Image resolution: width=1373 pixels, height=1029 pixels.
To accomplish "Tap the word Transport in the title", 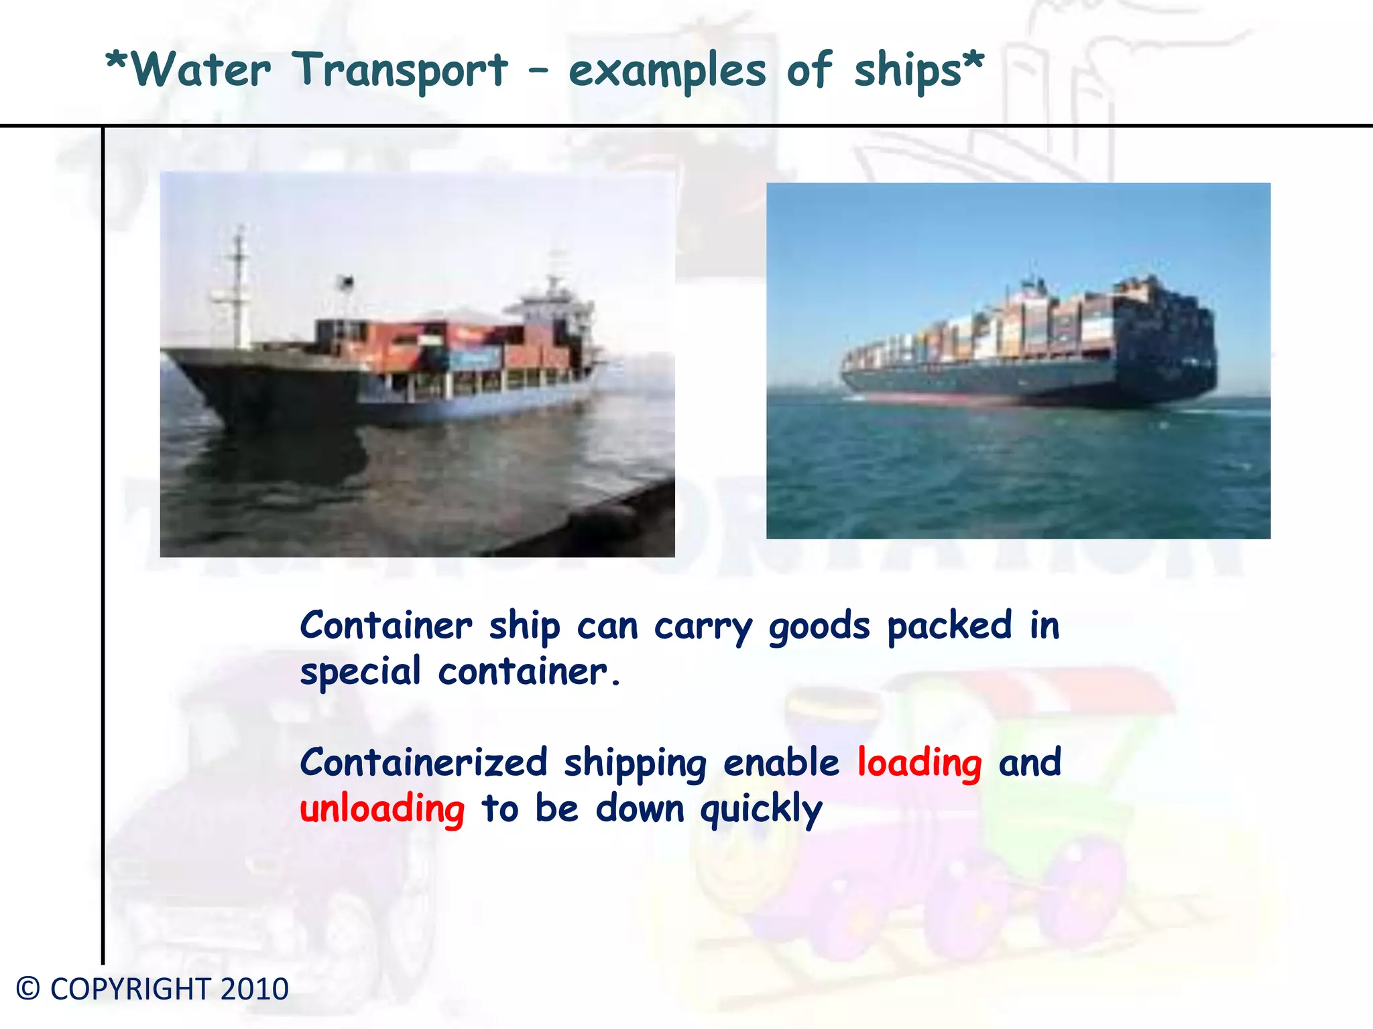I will (x=400, y=71).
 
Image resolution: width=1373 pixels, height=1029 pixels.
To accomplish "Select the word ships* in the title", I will (x=918, y=71).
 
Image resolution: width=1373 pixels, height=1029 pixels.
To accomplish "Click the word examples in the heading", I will (x=666, y=71).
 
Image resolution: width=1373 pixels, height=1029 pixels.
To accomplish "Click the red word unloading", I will (x=382, y=809).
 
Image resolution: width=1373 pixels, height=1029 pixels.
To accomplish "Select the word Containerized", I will (x=424, y=763).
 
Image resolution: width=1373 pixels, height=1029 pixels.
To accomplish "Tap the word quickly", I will (x=761, y=809).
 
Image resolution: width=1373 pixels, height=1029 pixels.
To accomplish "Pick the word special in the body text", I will (x=360, y=672).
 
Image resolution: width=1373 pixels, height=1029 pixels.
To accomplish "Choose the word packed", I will (x=949, y=626).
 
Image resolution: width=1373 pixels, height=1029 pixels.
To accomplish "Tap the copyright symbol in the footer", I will (x=28, y=989).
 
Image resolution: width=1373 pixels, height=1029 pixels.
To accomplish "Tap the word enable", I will (x=781, y=763).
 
